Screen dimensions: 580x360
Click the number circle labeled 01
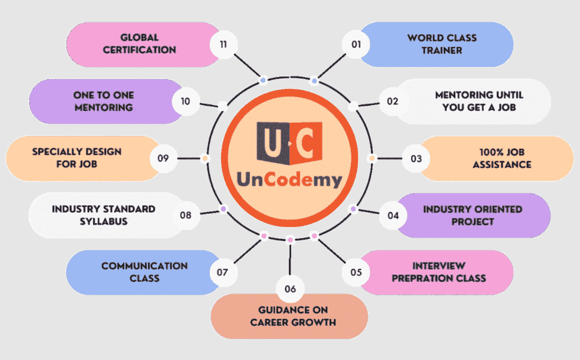(356, 44)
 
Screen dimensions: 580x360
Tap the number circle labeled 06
(290, 289)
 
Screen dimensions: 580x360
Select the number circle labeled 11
(223, 44)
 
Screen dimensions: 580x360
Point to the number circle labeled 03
(416, 158)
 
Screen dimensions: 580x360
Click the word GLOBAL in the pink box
(140, 38)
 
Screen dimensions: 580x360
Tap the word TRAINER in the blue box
(442, 50)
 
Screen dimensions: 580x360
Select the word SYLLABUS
(104, 221)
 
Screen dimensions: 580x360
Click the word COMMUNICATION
(144, 266)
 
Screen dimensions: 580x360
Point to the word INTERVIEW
(439, 266)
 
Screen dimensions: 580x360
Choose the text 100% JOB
(502, 152)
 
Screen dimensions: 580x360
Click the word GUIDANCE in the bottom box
(277, 310)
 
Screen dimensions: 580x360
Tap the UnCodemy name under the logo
(290, 180)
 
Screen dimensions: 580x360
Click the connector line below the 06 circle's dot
(290, 259)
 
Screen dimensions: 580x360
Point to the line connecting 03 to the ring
(390, 158)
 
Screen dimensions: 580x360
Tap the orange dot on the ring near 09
(205, 158)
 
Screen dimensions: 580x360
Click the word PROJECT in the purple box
(472, 222)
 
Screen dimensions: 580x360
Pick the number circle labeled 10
(186, 101)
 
